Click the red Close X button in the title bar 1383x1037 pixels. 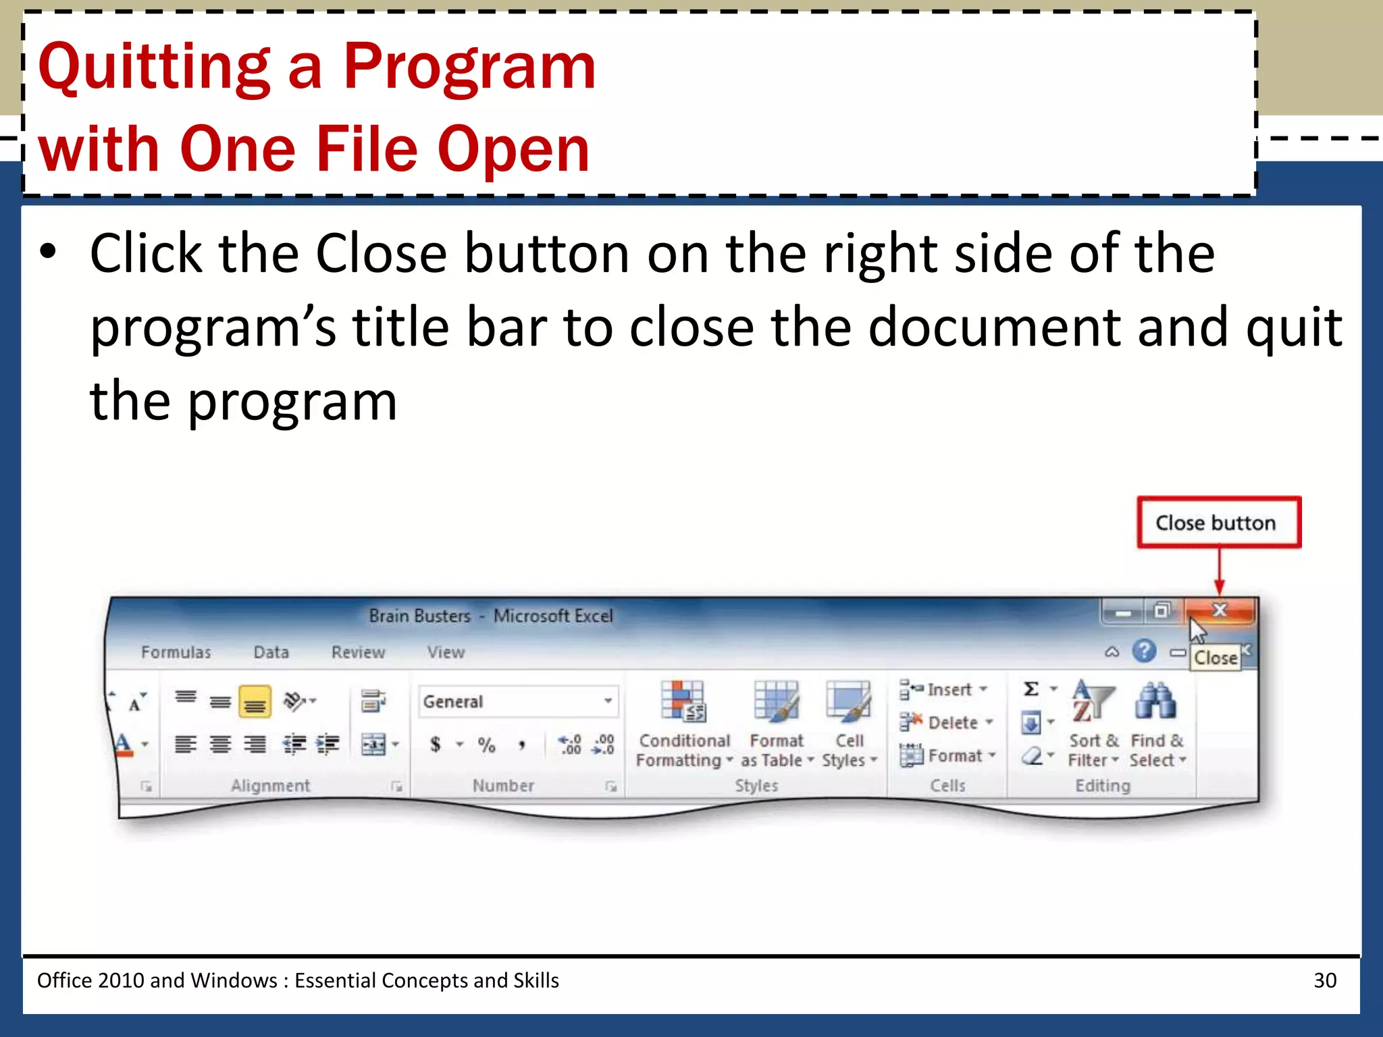[x=1220, y=611]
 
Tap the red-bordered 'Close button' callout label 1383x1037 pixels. [x=1218, y=523]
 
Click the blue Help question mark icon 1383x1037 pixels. [x=1144, y=652]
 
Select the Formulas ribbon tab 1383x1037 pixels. [x=176, y=652]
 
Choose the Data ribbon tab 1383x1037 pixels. [x=271, y=652]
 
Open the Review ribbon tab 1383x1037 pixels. [x=358, y=652]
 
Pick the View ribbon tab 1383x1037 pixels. [x=446, y=652]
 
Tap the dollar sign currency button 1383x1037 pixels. [x=436, y=745]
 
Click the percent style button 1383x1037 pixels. [x=486, y=745]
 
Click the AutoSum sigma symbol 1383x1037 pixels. [x=1030, y=689]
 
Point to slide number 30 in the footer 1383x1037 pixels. [x=1325, y=980]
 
